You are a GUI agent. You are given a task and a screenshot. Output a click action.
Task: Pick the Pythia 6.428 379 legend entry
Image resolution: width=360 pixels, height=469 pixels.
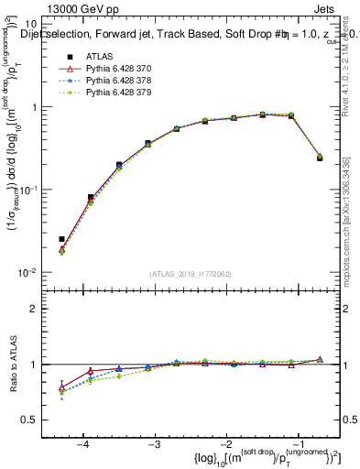click(117, 92)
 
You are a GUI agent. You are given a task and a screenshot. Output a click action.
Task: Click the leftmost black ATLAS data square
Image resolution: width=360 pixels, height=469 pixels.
click(61, 239)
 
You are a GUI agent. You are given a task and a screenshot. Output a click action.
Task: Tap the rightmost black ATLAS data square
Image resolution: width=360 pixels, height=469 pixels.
click(320, 158)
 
